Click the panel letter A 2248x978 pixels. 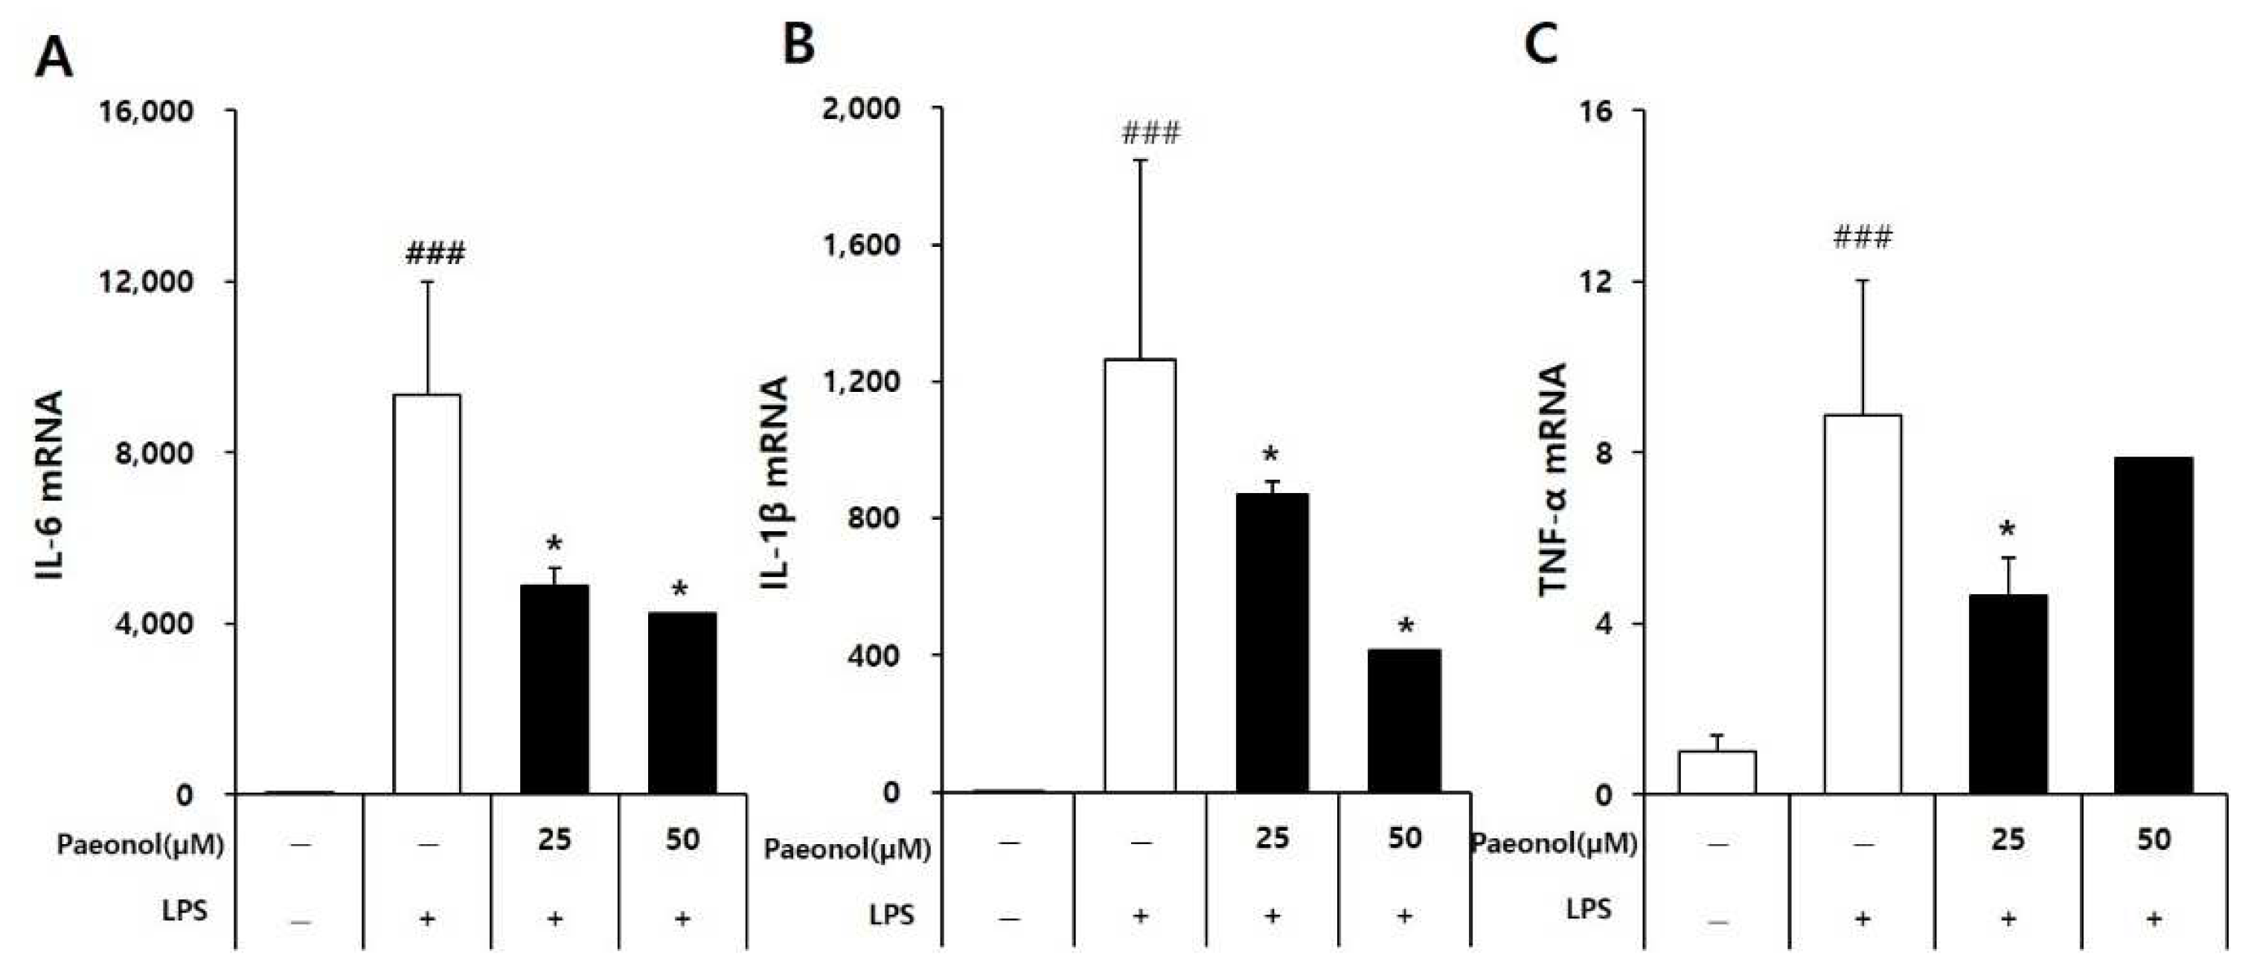(x=54, y=59)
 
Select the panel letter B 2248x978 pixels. (x=798, y=44)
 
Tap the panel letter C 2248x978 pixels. (x=1540, y=44)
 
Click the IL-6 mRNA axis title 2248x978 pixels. (x=51, y=485)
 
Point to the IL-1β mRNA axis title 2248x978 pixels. (x=774, y=483)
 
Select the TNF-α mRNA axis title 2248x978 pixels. (x=1553, y=479)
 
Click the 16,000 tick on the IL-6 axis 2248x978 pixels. (x=147, y=112)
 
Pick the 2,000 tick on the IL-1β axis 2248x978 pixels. (x=862, y=109)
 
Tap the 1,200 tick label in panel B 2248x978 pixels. (x=862, y=382)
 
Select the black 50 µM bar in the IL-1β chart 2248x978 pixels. (x=1404, y=721)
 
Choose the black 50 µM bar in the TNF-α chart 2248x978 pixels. (x=2153, y=625)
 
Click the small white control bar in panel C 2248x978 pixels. (x=1717, y=772)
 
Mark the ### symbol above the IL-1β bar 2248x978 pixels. (x=1151, y=133)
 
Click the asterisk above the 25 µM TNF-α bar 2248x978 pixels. (x=2007, y=530)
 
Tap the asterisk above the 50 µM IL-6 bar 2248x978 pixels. (x=680, y=590)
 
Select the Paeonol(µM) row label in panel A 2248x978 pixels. (x=141, y=845)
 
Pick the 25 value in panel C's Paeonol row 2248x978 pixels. (x=2007, y=839)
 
